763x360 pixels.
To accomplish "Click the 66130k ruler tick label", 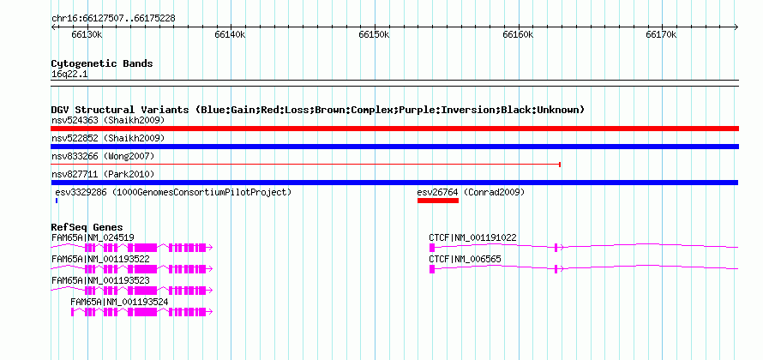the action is (87, 34).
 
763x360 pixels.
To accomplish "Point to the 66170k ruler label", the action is (661, 34).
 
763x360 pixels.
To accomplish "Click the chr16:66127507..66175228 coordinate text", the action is (113, 19).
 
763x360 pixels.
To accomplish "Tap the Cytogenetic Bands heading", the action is (102, 63).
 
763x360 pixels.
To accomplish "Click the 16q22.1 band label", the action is (69, 75).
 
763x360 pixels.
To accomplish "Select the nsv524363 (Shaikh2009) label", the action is (108, 120).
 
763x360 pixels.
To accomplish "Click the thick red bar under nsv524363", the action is (394, 129).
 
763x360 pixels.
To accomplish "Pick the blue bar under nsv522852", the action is (394, 147).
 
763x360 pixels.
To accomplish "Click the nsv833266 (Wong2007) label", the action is (103, 156).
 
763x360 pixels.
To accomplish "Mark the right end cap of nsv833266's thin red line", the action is (560, 165).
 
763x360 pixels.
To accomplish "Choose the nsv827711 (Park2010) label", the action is (103, 174).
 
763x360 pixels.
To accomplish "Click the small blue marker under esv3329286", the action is (57, 201).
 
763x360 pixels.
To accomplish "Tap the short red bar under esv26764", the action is (438, 201).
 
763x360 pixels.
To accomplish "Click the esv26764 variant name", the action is (437, 192).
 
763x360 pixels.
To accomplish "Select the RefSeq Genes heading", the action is (87, 227).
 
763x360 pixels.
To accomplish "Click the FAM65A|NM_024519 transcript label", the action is (93, 237).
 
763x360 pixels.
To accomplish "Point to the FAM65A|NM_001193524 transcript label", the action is (119, 302).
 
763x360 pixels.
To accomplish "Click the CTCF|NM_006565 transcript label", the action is (465, 260).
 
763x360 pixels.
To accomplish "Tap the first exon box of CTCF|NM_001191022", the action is (431, 248).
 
